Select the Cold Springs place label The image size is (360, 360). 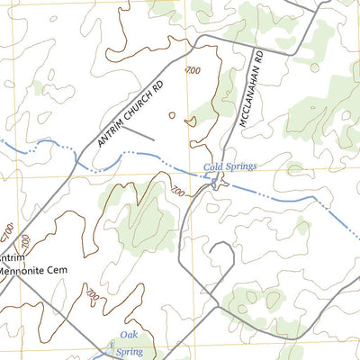(x=229, y=166)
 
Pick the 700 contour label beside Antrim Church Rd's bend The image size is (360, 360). (x=191, y=71)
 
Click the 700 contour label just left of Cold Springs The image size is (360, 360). (x=177, y=191)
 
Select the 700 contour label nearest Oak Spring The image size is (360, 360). (x=92, y=293)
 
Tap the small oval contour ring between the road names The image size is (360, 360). (x=173, y=115)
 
